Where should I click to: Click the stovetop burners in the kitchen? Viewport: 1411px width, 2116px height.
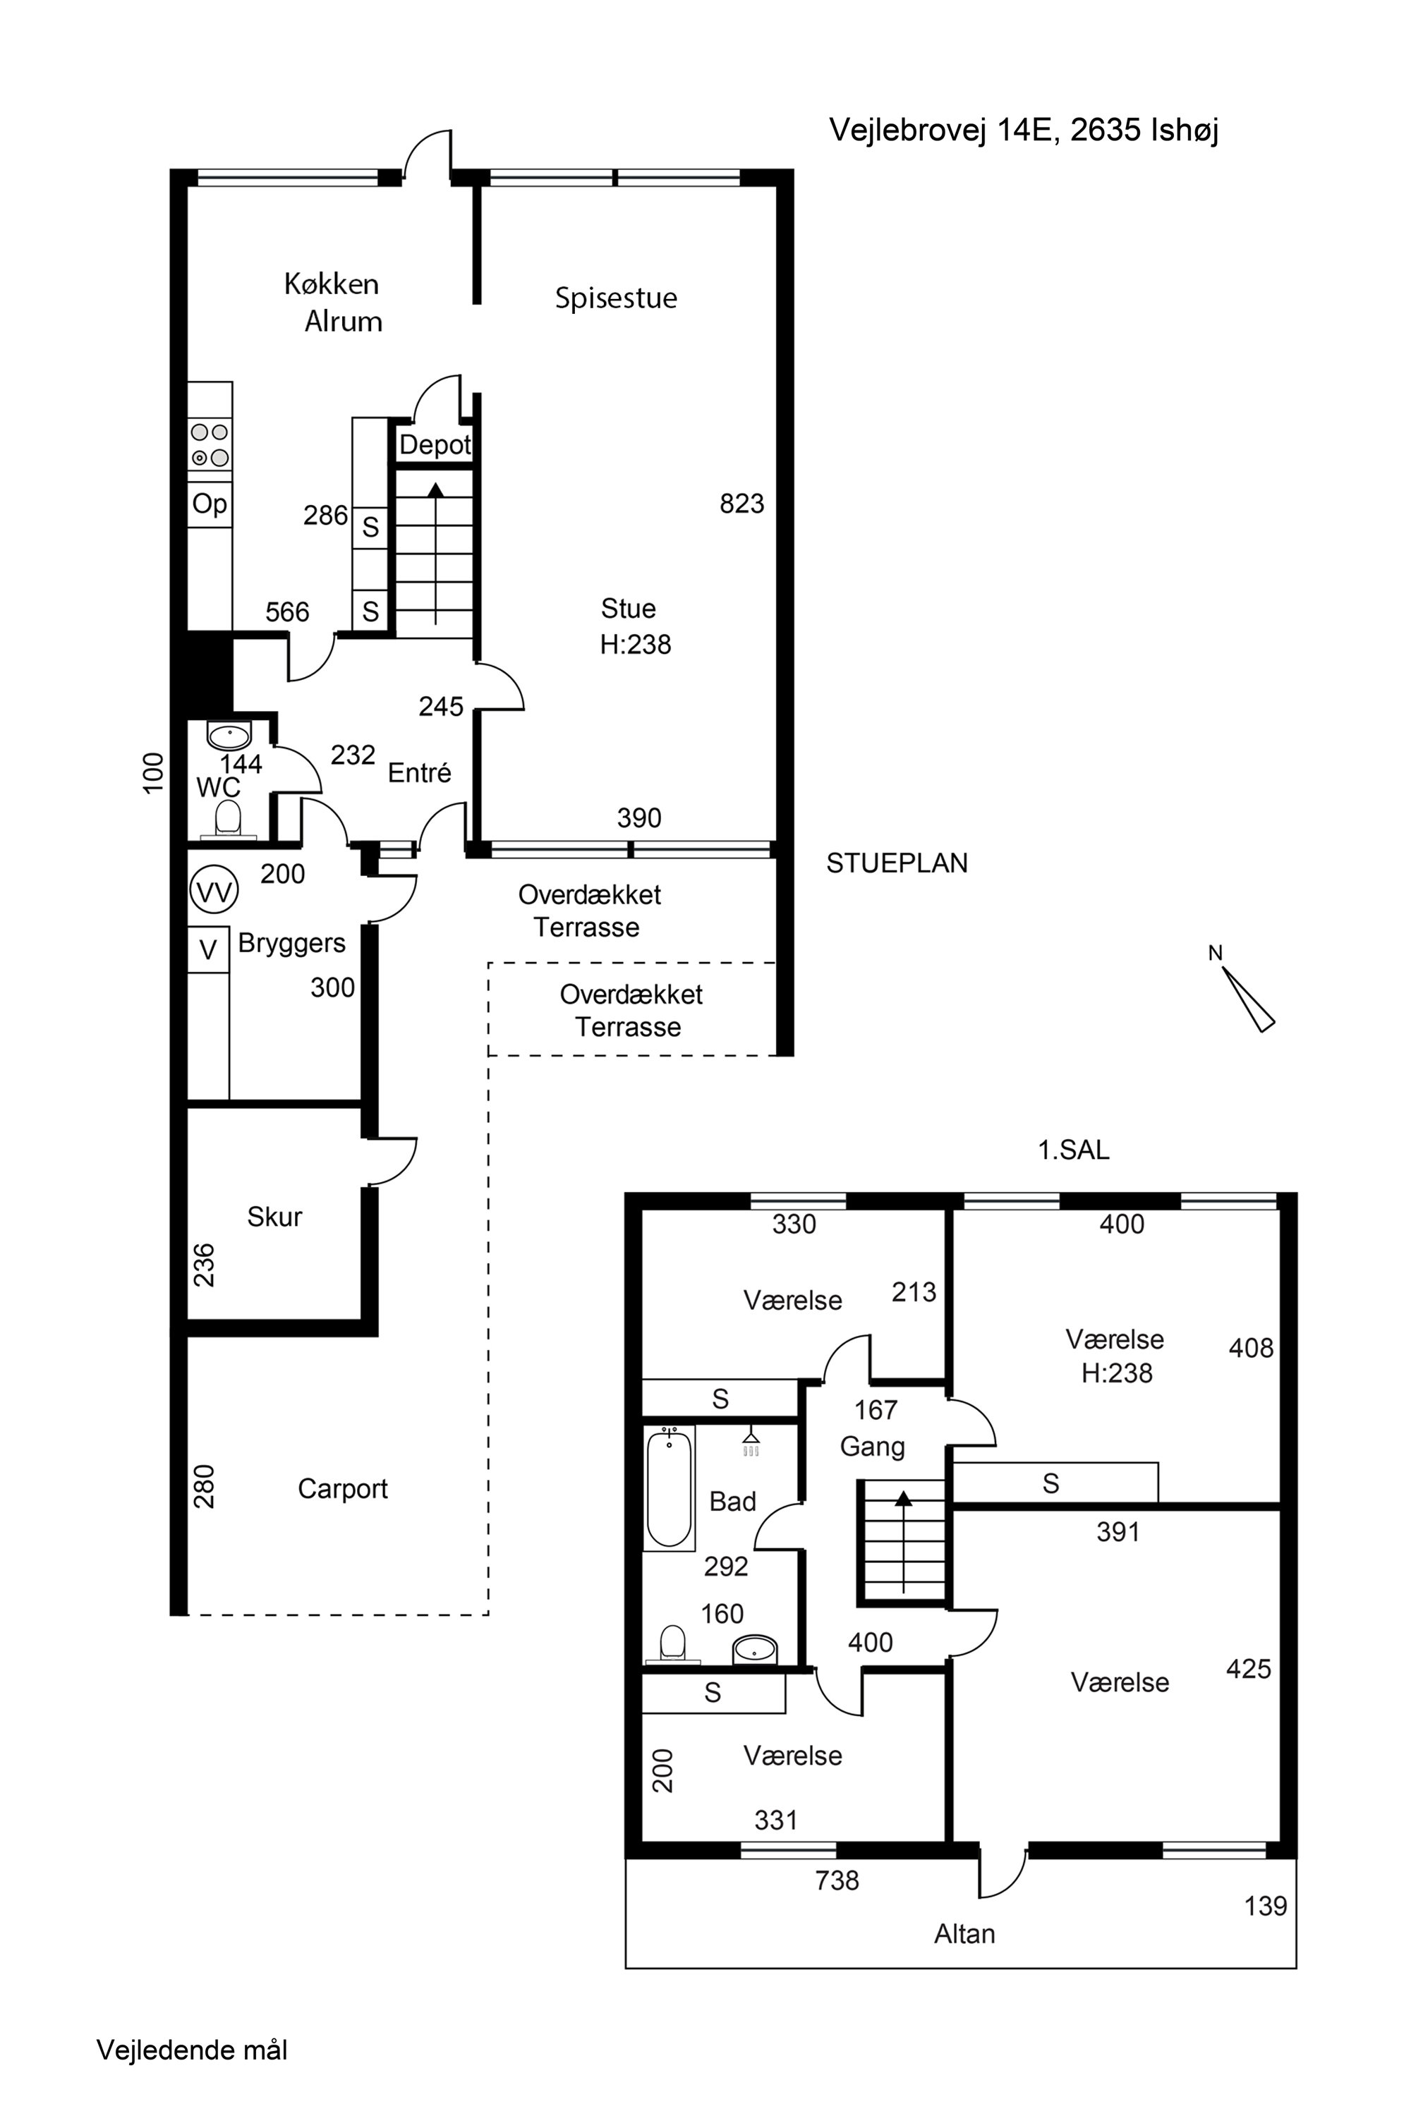pyautogui.click(x=210, y=445)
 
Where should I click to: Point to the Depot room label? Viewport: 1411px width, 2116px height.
pyautogui.click(x=435, y=444)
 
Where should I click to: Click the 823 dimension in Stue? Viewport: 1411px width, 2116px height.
pyautogui.click(x=741, y=504)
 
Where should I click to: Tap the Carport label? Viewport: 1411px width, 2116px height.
pyautogui.click(x=343, y=1489)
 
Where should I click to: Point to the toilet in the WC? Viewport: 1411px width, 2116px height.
pyautogui.click(x=229, y=820)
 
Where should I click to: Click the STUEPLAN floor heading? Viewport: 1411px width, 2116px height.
pyautogui.click(x=897, y=863)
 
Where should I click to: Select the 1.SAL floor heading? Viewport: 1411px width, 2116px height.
pyautogui.click(x=1074, y=1150)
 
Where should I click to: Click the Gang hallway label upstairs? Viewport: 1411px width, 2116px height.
pyautogui.click(x=872, y=1447)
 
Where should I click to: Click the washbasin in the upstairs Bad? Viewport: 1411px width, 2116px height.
pyautogui.click(x=754, y=1650)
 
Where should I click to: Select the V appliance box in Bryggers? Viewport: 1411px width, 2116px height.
pyautogui.click(x=208, y=950)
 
